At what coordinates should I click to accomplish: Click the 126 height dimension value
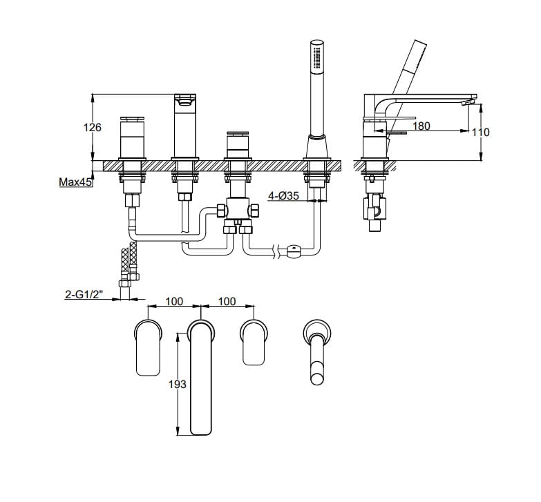click(x=93, y=128)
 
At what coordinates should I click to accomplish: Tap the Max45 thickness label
click(x=75, y=182)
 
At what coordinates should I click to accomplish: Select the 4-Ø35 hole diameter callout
click(x=283, y=196)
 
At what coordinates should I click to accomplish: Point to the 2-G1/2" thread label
click(x=84, y=294)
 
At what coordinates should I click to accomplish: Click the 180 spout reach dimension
click(x=421, y=126)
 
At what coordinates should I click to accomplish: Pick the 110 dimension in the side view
click(x=480, y=132)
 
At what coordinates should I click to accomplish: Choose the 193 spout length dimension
click(x=177, y=384)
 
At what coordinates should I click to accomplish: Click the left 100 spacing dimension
click(x=174, y=301)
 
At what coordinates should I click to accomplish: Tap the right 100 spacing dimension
click(x=227, y=301)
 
